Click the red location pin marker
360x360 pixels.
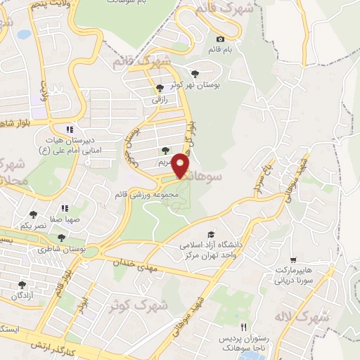(x=181, y=167)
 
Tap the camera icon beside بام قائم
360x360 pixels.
(x=221, y=39)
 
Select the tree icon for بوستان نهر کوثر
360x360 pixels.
(x=195, y=73)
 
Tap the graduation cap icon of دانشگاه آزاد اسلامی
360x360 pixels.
(x=210, y=234)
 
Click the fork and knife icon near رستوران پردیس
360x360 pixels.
(x=244, y=327)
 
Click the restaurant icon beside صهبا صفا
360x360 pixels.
(x=65, y=208)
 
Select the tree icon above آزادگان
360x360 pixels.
(x=22, y=284)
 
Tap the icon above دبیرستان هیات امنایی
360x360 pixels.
(x=68, y=129)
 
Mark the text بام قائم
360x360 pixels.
(x=219, y=51)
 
